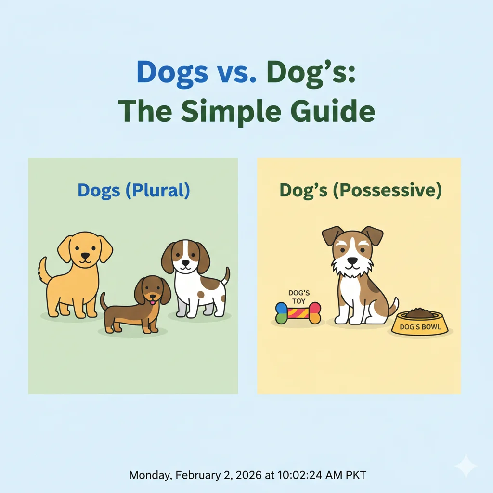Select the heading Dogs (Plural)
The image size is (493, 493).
click(x=133, y=191)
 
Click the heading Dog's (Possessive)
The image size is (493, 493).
click(x=360, y=191)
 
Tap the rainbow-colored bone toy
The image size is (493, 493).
click(x=298, y=313)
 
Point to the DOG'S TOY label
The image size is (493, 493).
click(x=298, y=297)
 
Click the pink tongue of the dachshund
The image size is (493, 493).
click(x=153, y=302)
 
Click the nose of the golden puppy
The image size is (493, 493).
click(x=85, y=257)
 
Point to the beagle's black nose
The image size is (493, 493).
click(x=185, y=263)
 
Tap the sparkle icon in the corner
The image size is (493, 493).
click(x=466, y=466)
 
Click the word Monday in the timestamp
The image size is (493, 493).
click(x=148, y=475)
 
